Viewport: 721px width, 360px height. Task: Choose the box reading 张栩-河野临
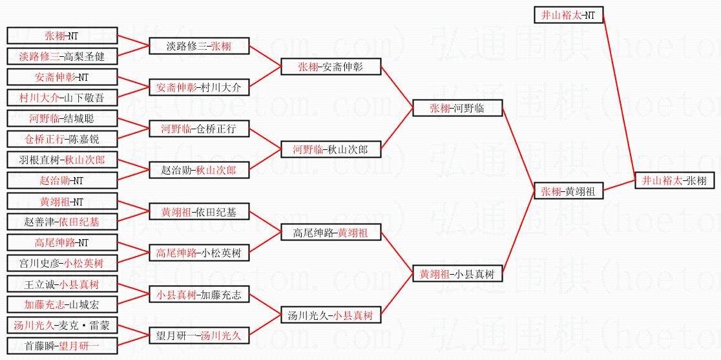click(x=457, y=109)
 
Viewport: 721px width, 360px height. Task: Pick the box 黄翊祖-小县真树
click(x=457, y=274)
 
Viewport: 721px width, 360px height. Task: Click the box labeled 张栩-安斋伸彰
click(x=331, y=67)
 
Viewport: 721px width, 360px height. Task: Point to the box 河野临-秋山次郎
click(x=331, y=150)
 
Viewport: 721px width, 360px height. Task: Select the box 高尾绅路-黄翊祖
click(x=331, y=233)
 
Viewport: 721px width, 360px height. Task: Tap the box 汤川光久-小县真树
click(x=331, y=315)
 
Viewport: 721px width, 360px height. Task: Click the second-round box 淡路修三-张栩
click(x=198, y=46)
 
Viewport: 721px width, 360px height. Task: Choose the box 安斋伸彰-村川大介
click(x=198, y=87)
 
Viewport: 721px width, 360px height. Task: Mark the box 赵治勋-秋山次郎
click(x=198, y=171)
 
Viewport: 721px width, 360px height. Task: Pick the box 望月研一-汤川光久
click(x=198, y=335)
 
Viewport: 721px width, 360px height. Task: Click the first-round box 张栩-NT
click(x=62, y=36)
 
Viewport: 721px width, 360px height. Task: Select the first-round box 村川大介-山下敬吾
click(x=62, y=98)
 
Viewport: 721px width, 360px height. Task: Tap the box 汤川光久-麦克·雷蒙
click(x=62, y=325)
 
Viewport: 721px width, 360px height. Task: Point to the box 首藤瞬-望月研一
click(x=62, y=346)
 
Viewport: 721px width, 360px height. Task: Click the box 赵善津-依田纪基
click(x=62, y=222)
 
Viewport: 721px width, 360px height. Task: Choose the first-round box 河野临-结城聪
click(x=62, y=118)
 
